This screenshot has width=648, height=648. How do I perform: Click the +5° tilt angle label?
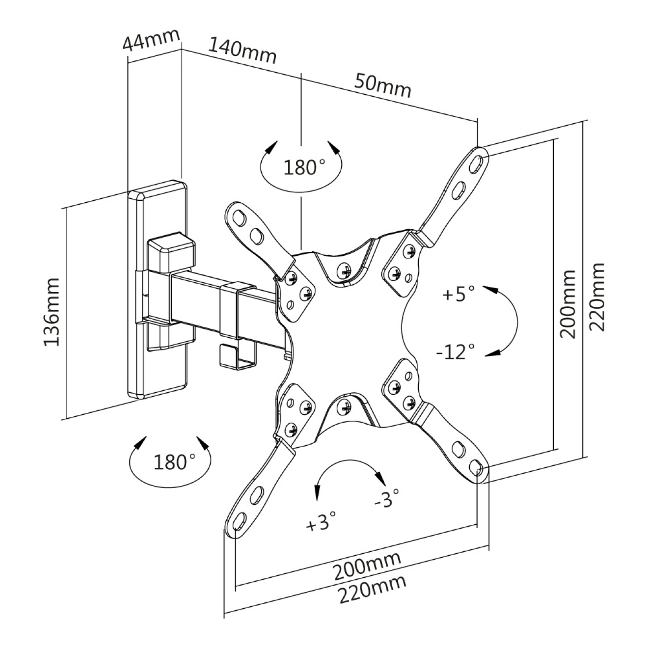[459, 295]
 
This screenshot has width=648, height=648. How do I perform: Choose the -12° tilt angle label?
[455, 351]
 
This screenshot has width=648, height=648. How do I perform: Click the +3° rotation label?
[322, 521]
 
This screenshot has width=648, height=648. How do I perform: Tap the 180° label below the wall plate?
[174, 462]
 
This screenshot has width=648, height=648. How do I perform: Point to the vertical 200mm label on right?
[568, 303]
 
